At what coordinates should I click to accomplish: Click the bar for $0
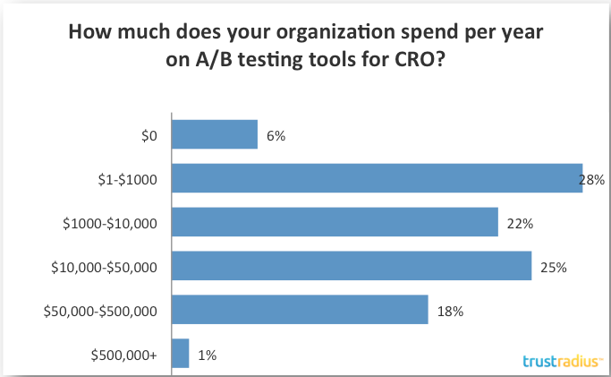214,135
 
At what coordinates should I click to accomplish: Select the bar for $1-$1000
376,179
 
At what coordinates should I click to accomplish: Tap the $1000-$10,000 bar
334,222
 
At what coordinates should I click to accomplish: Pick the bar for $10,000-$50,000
351,266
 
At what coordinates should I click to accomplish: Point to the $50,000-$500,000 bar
299,310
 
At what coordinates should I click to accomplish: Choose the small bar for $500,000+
180,354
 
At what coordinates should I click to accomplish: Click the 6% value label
276,136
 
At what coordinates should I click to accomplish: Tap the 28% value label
592,180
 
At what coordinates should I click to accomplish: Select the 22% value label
519,223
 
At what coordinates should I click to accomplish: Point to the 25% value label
553,267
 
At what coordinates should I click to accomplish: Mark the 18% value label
448,311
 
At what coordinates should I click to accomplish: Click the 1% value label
207,355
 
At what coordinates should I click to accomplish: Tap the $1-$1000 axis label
127,180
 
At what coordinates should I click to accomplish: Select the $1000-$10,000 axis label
109,223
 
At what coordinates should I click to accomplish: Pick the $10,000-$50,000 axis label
106,267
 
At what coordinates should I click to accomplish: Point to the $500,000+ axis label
124,355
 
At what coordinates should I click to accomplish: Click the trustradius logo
562,361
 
